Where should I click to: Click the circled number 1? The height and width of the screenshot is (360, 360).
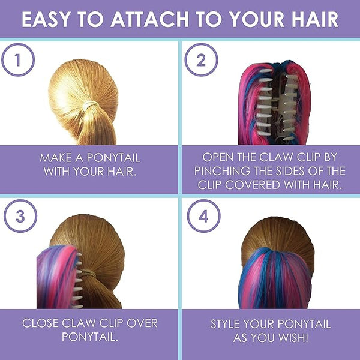pos(18,59)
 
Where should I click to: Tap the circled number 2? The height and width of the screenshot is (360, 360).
pos(201,60)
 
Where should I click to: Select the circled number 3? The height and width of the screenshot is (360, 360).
pos(20,216)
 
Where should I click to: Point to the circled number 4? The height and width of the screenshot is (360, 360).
pos(203,216)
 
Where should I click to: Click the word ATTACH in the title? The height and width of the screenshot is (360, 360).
pos(149,19)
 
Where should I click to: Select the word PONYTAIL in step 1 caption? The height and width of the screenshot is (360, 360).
pos(113,158)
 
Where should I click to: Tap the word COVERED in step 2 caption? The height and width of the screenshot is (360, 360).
pos(253,185)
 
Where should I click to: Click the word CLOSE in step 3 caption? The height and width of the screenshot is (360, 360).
pos(40,323)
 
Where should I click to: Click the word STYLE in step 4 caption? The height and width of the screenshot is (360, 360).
pos(225,324)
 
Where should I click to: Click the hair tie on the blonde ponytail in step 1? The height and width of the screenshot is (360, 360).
pos(91,106)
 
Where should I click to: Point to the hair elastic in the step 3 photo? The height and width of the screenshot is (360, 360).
pos(88,273)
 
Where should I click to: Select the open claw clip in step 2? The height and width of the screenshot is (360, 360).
pos(276,104)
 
